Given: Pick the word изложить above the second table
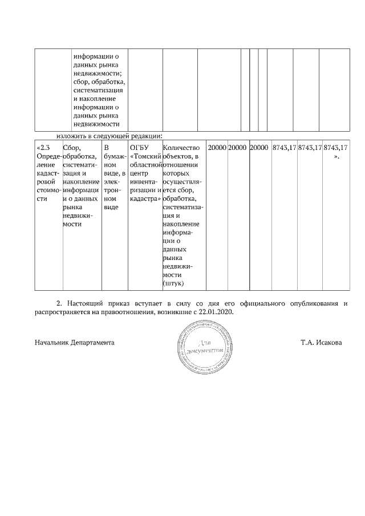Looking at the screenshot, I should (71, 136).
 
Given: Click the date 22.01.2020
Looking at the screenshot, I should (217, 312).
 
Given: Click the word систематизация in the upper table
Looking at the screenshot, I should (99, 90).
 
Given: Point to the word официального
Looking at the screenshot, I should (259, 303).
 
